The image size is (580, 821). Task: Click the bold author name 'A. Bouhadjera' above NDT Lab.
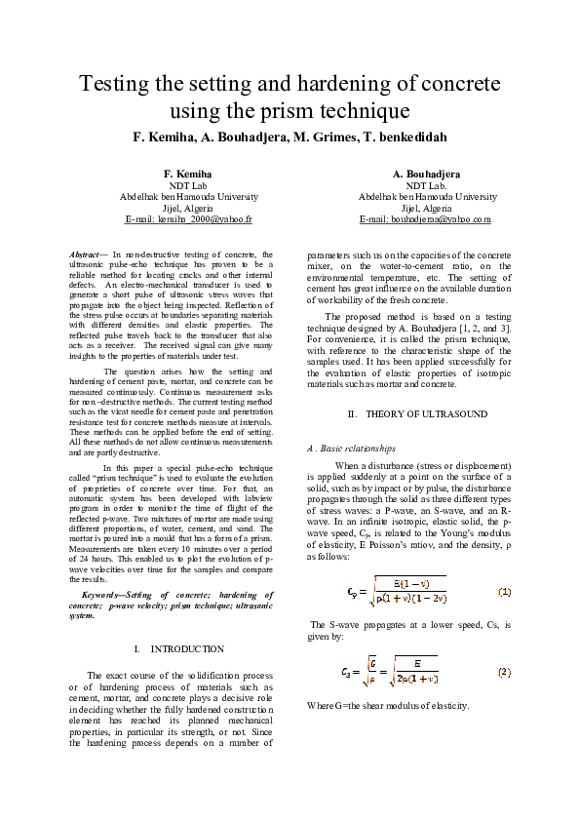(x=426, y=173)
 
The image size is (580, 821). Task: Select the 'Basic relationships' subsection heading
(x=358, y=449)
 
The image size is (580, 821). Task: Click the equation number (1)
(x=505, y=592)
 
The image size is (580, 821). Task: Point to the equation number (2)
(x=505, y=672)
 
